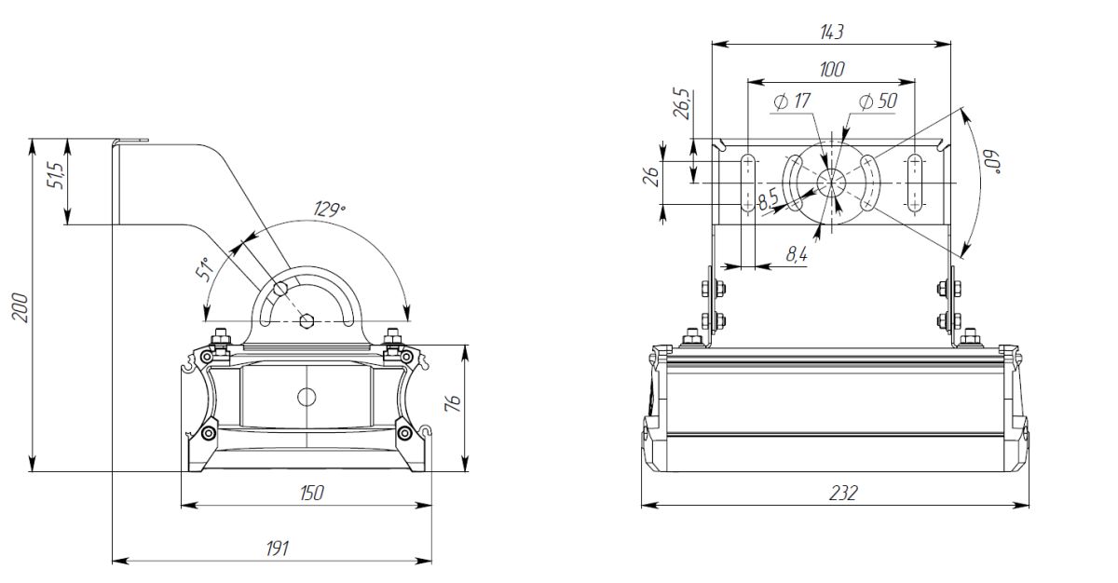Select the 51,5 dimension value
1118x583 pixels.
click(55, 174)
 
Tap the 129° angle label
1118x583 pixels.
click(329, 210)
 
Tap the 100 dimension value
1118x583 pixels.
click(831, 70)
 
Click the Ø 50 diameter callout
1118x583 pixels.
click(878, 101)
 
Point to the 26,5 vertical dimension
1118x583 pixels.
click(682, 103)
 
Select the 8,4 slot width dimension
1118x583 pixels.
click(797, 251)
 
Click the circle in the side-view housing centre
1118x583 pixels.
click(307, 396)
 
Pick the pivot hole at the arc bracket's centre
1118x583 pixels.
click(307, 321)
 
